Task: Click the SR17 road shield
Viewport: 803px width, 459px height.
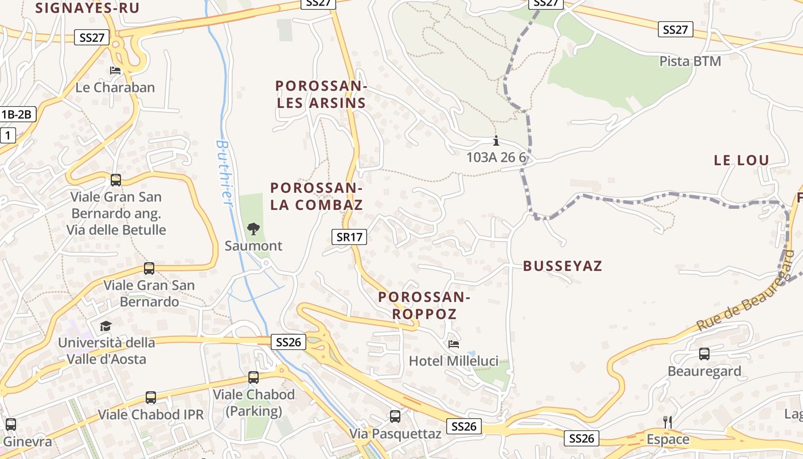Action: point(349,236)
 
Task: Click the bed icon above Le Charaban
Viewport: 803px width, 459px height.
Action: point(115,71)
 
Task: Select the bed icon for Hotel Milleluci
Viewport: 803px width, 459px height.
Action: point(453,344)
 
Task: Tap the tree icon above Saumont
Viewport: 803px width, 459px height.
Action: point(253,229)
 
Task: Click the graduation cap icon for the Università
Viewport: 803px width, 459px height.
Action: point(106,326)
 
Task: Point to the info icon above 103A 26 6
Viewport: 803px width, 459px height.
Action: point(496,141)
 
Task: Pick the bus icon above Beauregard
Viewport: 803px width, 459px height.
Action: point(704,354)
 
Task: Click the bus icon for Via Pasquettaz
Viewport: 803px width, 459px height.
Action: point(395,417)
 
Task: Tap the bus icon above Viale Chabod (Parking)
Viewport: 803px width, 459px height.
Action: point(254,378)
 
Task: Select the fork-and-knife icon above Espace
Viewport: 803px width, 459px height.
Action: point(667,422)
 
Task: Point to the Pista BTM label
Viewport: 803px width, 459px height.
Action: point(690,61)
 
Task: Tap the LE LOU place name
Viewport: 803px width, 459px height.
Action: point(741,161)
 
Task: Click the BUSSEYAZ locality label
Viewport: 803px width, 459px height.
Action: point(563,266)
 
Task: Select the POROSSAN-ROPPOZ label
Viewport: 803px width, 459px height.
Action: point(424,305)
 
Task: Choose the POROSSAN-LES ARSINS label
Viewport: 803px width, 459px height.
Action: point(321,95)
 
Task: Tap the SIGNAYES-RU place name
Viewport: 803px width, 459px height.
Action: point(87,7)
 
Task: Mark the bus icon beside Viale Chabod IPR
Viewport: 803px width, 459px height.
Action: point(151,397)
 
